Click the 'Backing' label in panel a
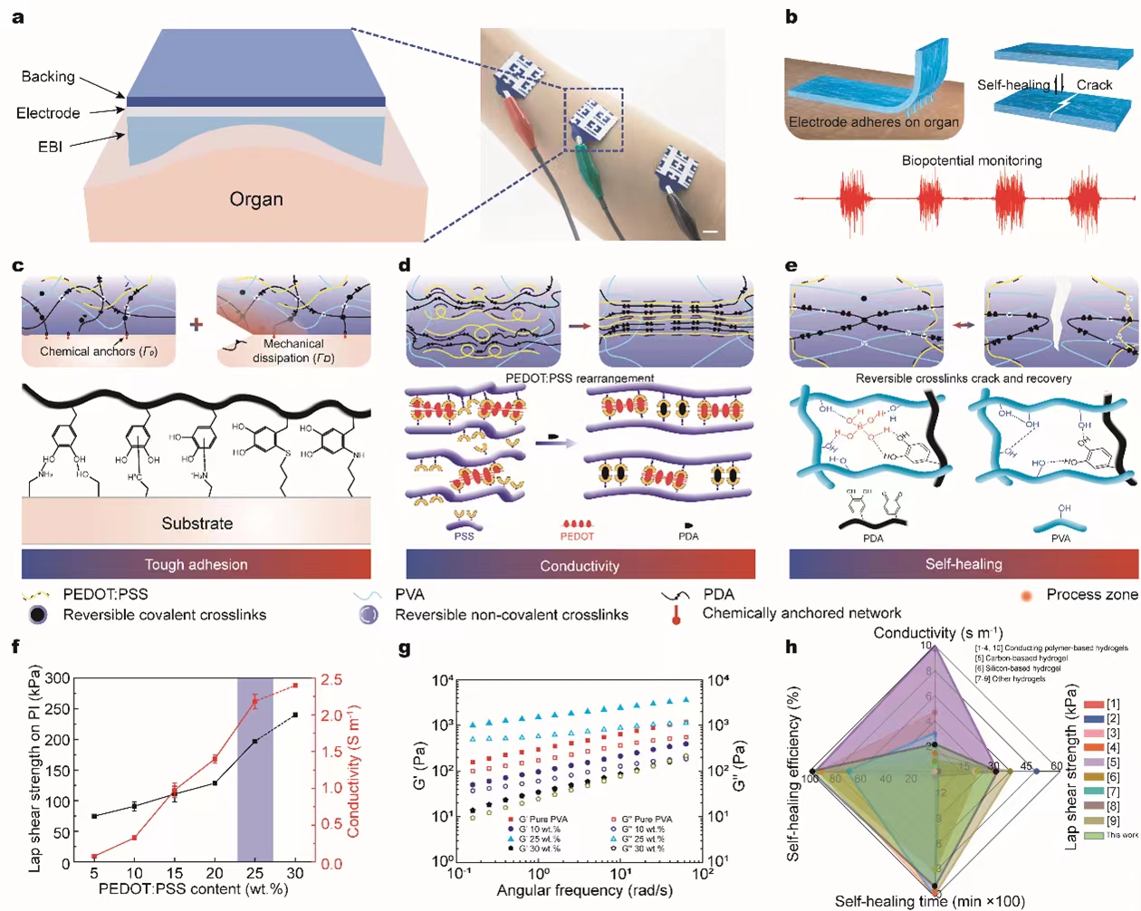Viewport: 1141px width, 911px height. tap(48, 77)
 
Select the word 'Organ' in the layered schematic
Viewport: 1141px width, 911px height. tap(256, 199)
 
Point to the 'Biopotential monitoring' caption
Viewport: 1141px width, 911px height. tap(972, 160)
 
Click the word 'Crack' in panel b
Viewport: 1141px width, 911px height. tap(1094, 85)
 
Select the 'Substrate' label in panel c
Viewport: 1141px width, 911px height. tap(197, 523)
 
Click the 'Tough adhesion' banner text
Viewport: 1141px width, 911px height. tap(196, 565)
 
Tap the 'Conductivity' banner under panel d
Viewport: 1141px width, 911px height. tap(580, 566)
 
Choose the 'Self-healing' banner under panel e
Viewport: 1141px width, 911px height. tap(964, 564)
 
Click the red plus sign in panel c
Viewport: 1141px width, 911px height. tap(197, 324)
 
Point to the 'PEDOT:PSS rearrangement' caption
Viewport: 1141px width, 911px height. tap(580, 379)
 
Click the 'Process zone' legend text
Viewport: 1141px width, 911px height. tap(1091, 595)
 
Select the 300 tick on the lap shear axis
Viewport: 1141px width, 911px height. tap(57, 678)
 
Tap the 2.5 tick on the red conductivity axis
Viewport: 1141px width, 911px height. tap(331, 679)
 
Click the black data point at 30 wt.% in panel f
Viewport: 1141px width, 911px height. tap(295, 715)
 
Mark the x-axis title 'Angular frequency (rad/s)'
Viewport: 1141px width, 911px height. tap(584, 890)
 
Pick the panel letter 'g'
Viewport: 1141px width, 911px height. tap(404, 648)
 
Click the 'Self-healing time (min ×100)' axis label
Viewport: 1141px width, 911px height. tap(929, 901)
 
